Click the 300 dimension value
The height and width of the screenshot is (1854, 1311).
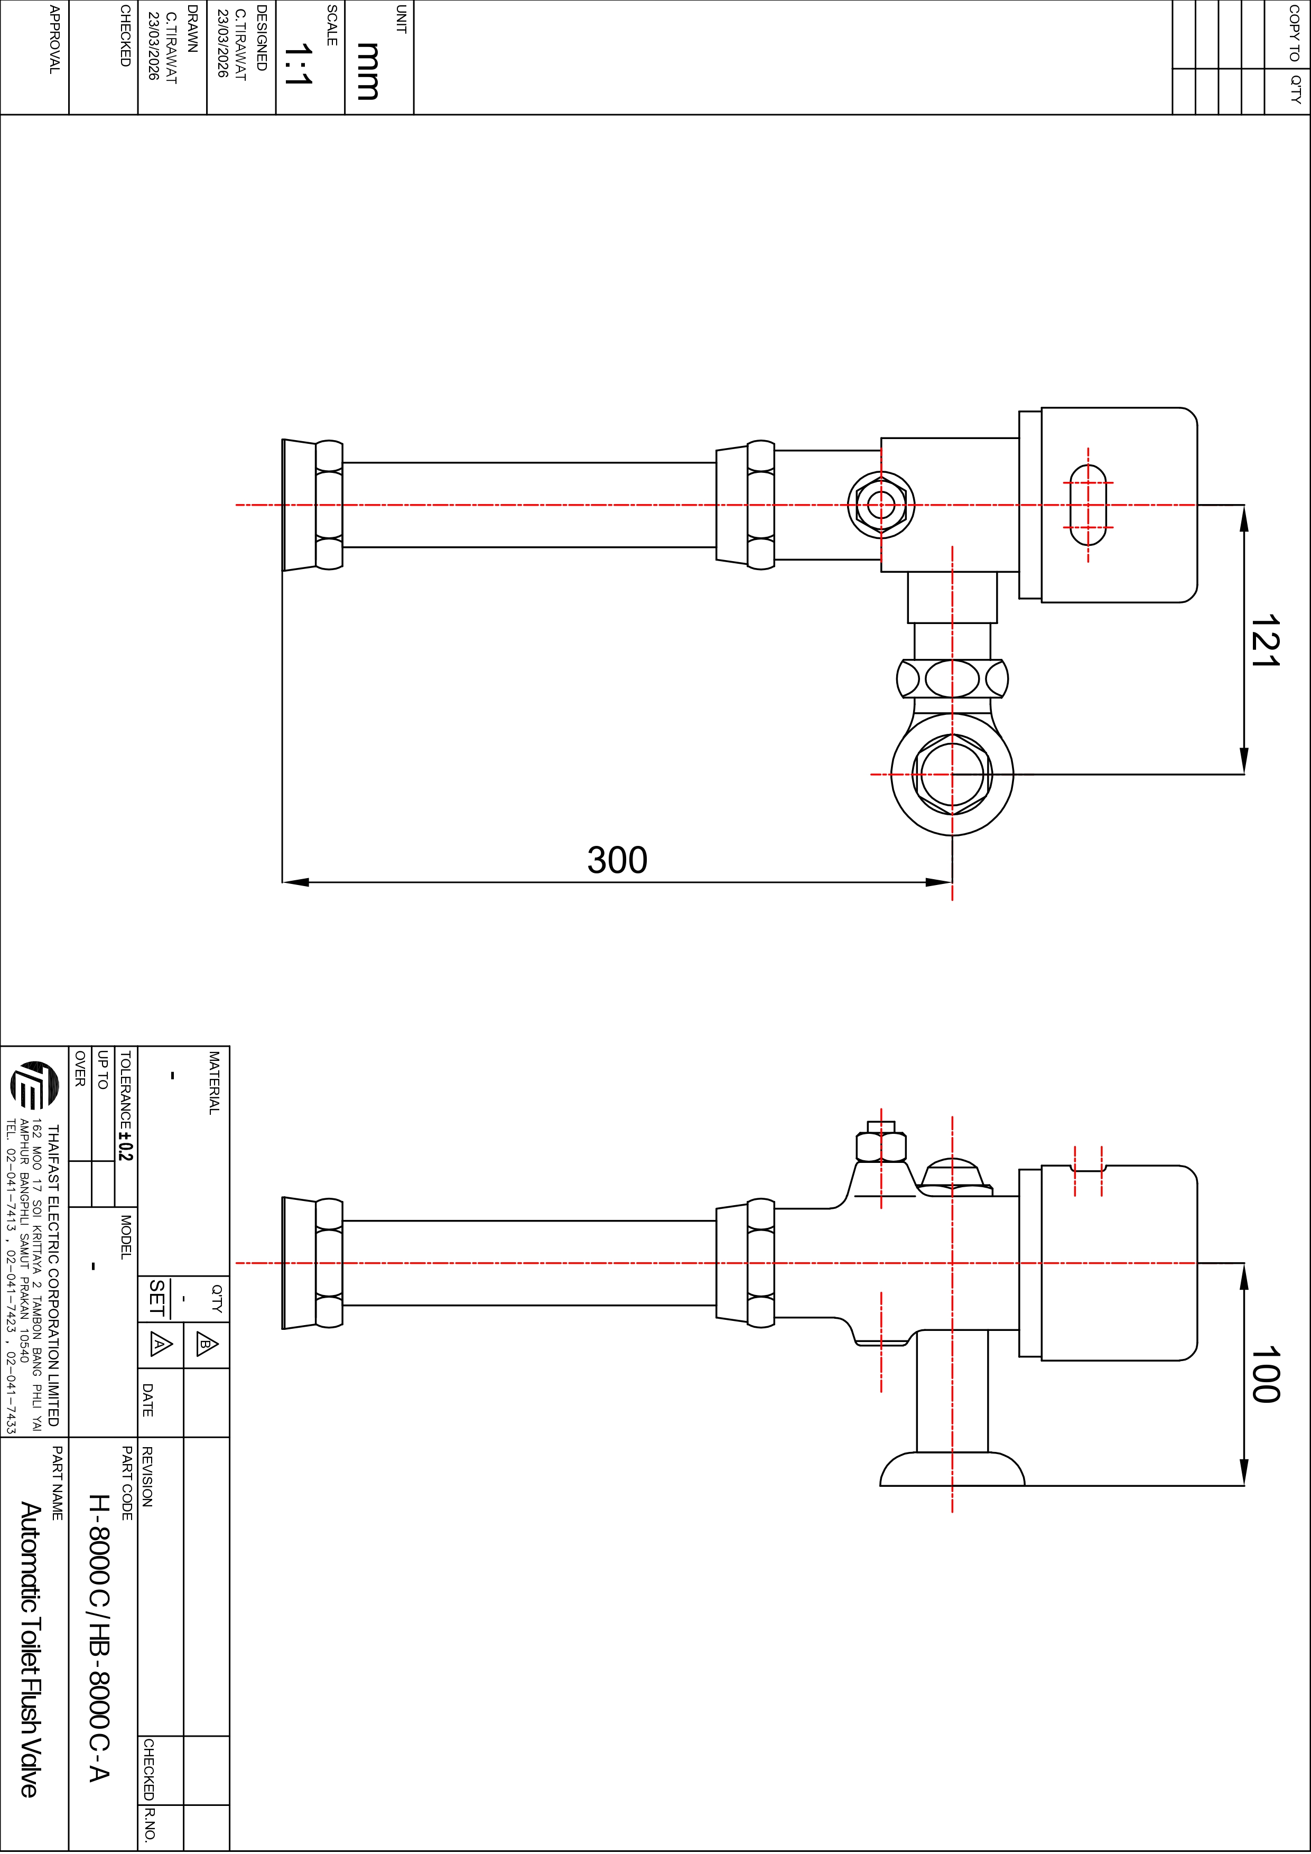click(617, 860)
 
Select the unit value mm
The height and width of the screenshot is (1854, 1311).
click(368, 71)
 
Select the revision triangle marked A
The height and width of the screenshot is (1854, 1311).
click(160, 1345)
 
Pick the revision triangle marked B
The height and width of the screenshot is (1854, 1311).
click(206, 1345)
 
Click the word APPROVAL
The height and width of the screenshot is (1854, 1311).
click(54, 40)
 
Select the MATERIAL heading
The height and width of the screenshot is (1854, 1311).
click(214, 1083)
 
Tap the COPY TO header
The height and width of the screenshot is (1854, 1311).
click(1293, 33)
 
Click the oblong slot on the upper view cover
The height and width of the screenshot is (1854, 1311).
click(1088, 505)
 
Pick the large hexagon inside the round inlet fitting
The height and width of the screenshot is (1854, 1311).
click(952, 775)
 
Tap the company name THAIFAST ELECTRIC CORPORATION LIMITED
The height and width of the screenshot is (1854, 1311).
click(53, 1276)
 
